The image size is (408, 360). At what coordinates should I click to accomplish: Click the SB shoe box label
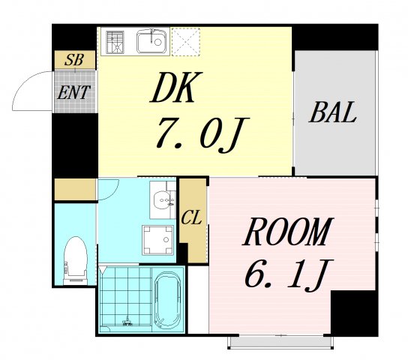[73, 60]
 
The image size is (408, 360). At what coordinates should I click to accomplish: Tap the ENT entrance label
[75, 93]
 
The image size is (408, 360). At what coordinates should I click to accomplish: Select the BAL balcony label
[333, 115]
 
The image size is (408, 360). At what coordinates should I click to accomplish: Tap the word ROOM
[286, 233]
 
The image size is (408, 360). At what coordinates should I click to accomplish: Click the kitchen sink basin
[152, 40]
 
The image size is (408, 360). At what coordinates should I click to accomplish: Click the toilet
[75, 257]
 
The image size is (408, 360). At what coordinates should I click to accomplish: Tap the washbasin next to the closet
[160, 199]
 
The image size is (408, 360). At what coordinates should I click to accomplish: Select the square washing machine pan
[157, 240]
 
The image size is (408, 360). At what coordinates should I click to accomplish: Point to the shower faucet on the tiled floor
[128, 322]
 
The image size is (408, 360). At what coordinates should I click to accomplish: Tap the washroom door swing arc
[106, 187]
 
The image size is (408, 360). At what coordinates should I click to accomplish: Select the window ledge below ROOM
[279, 343]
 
